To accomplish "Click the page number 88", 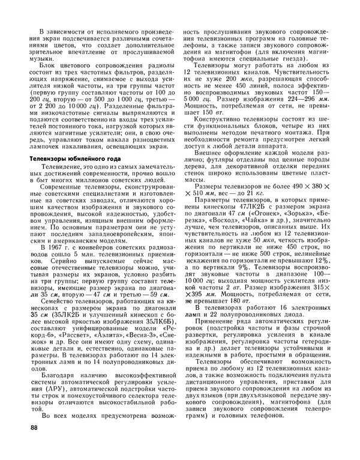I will [25, 445].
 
